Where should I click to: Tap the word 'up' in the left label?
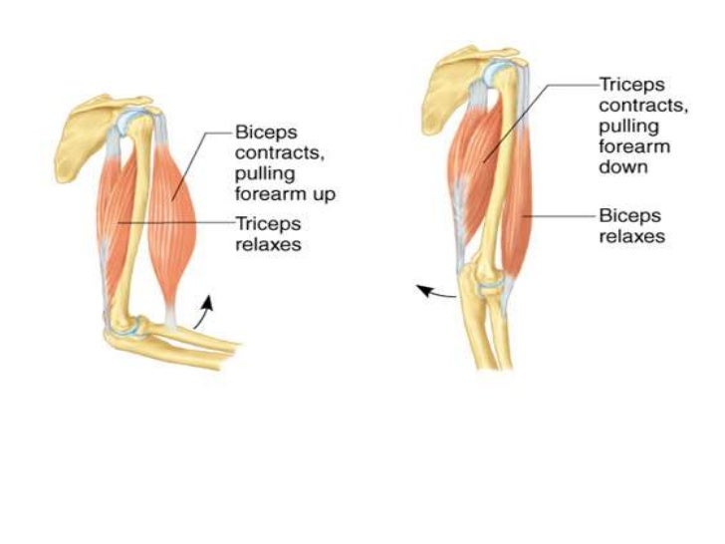point(322,194)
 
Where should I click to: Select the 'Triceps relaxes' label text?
point(268,232)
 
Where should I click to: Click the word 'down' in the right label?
point(623,166)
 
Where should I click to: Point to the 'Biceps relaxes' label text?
point(631,225)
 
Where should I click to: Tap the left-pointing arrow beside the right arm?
point(432,292)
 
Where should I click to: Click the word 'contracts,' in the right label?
point(635,107)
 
